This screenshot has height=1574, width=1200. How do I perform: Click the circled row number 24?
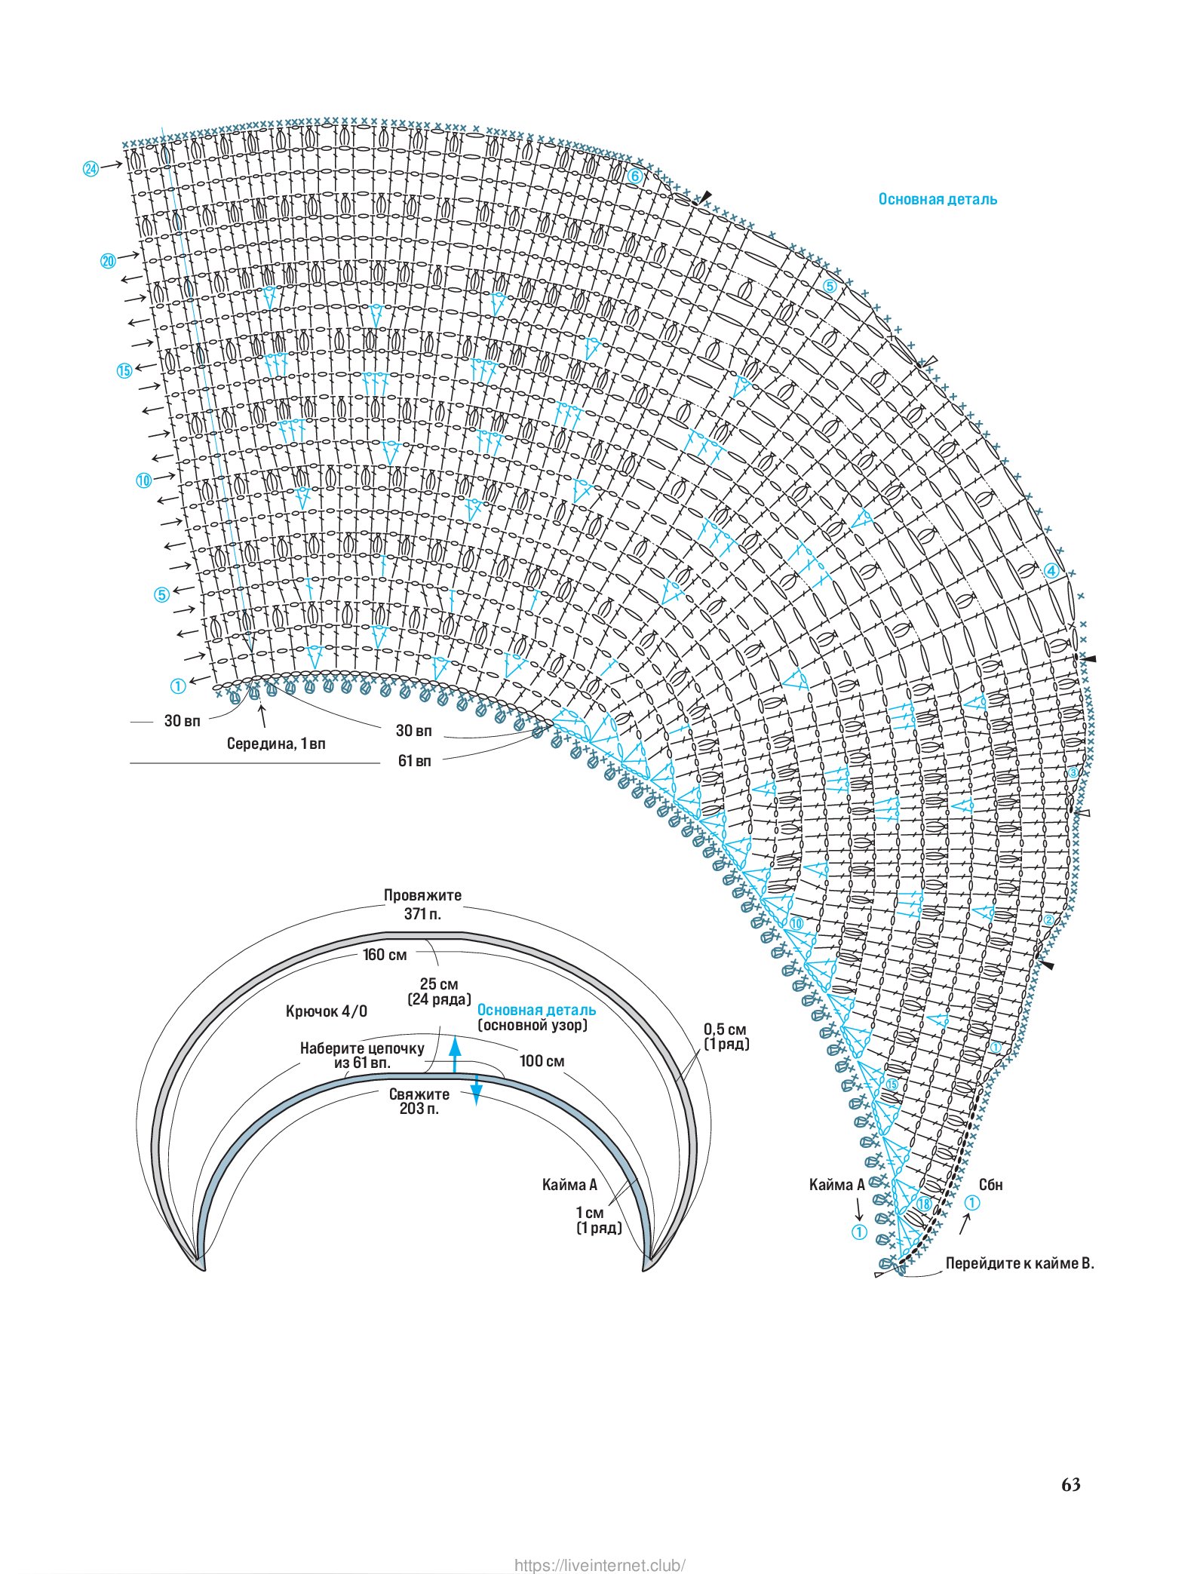(91, 169)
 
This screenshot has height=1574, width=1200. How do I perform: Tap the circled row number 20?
(108, 261)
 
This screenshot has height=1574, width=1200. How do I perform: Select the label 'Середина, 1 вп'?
(276, 744)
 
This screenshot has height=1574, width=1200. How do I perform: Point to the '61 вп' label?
(414, 761)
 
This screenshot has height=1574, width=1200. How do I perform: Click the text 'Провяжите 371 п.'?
(422, 904)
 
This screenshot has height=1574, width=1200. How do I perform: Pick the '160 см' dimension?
(385, 955)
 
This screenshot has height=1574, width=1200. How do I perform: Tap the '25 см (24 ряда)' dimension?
(439, 992)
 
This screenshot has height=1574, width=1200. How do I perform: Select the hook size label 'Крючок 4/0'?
(327, 1011)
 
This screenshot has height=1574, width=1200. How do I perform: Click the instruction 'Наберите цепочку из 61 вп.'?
(362, 1055)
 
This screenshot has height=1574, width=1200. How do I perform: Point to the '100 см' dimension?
(542, 1061)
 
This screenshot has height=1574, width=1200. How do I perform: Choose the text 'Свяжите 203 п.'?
(419, 1101)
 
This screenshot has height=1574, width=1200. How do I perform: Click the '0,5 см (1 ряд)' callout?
(726, 1036)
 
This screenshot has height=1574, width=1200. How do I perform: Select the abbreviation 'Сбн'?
(991, 1185)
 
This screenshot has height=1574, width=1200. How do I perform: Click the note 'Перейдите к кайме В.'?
(1020, 1263)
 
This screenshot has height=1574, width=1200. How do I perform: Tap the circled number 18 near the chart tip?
(923, 1204)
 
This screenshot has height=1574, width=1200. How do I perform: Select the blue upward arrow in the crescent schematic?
(455, 1054)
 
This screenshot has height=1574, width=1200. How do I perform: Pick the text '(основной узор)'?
(532, 1026)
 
